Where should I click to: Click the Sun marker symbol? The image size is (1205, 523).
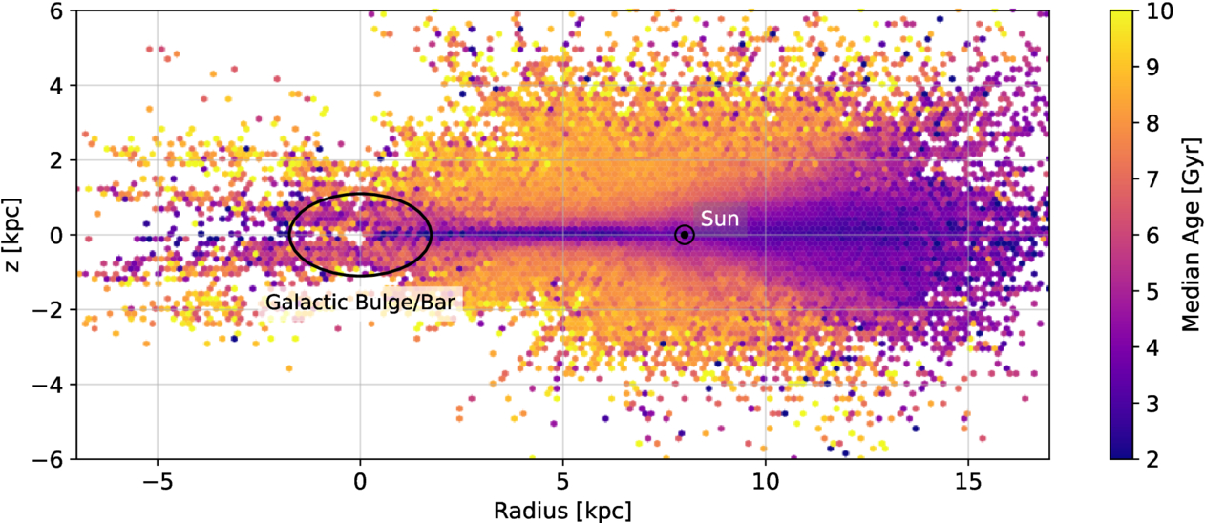(x=685, y=235)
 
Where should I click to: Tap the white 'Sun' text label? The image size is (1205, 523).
(x=720, y=219)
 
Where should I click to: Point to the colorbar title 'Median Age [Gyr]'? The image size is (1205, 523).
(x=1189, y=235)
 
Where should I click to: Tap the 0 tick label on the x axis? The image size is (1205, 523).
(x=360, y=478)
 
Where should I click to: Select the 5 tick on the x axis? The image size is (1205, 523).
(x=563, y=478)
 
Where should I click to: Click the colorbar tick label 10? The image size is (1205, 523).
(x=1156, y=10)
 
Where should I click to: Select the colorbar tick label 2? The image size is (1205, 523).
(x=1152, y=459)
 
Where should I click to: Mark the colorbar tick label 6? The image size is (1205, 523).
(x=1152, y=235)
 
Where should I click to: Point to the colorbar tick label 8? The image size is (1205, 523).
(x=1152, y=122)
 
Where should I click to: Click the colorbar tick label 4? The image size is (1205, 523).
(x=1152, y=347)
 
